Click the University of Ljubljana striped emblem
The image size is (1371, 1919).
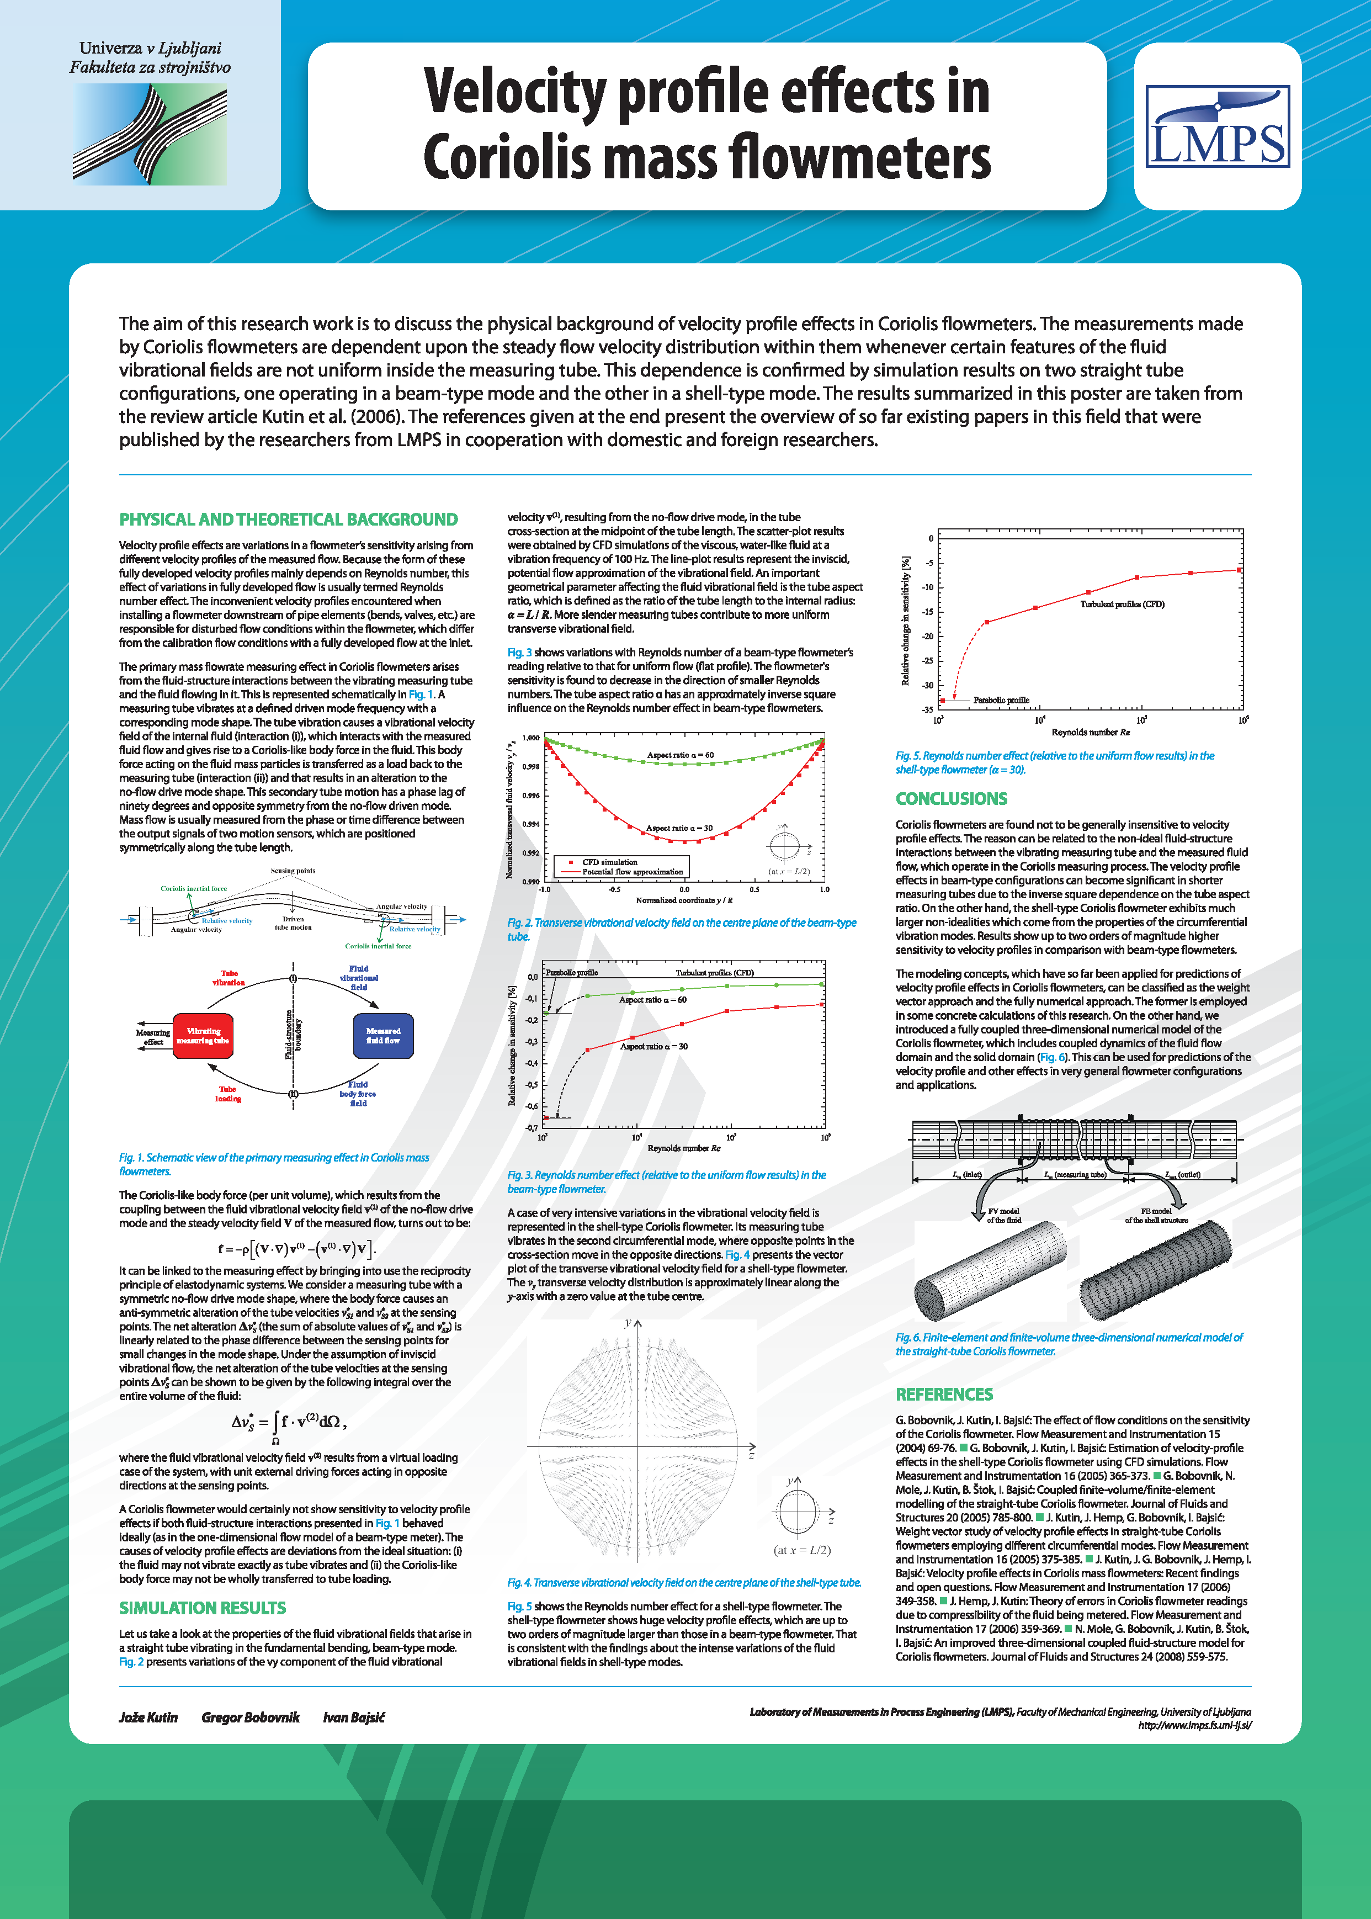(x=150, y=135)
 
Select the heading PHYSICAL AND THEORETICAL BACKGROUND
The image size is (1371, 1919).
(x=288, y=519)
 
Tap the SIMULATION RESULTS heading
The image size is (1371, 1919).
(x=202, y=1608)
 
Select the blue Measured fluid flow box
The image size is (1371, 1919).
(x=382, y=1036)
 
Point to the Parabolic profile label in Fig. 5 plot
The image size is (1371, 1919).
(x=1001, y=700)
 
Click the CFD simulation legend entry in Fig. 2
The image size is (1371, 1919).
(x=609, y=862)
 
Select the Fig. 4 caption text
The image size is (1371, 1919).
(x=684, y=1582)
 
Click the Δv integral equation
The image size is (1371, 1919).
(x=289, y=1423)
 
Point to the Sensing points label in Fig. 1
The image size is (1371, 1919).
(x=293, y=871)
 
